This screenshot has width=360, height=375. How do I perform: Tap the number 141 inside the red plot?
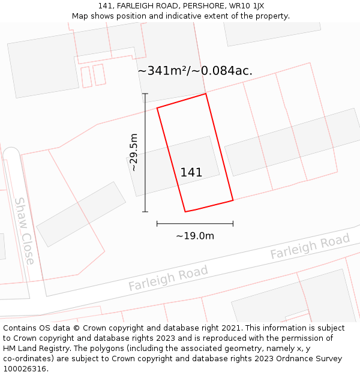191,173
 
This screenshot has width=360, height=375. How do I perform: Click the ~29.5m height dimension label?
133,152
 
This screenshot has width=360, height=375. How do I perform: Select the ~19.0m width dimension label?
195,236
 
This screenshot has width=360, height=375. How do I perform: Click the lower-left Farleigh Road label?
168,278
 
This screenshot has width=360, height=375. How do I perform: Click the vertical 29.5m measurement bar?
145,180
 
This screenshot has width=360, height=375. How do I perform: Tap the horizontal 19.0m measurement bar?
195,224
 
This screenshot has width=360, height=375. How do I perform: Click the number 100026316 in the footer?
25,369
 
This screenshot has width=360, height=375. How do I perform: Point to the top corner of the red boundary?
206,94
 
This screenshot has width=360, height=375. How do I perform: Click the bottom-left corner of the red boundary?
185,212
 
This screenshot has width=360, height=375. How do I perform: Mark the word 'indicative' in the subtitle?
185,16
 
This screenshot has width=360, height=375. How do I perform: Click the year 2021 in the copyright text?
229,328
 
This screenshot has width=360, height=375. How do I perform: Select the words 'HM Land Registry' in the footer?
34,349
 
